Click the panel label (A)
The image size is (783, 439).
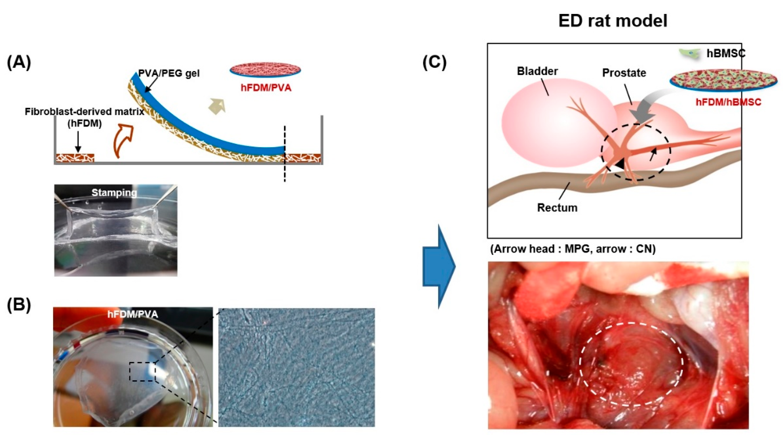(x=19, y=63)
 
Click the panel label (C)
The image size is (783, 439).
(x=435, y=63)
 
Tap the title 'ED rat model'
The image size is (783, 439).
(x=613, y=21)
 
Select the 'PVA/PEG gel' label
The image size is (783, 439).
(x=169, y=73)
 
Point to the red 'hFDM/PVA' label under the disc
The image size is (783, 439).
(x=266, y=88)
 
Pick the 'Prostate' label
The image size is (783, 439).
(x=624, y=73)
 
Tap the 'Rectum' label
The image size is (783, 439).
(x=557, y=208)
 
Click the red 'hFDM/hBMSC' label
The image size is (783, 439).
(x=728, y=102)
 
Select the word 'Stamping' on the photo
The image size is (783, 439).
(x=114, y=193)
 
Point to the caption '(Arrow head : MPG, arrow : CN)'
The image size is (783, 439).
(x=572, y=249)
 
